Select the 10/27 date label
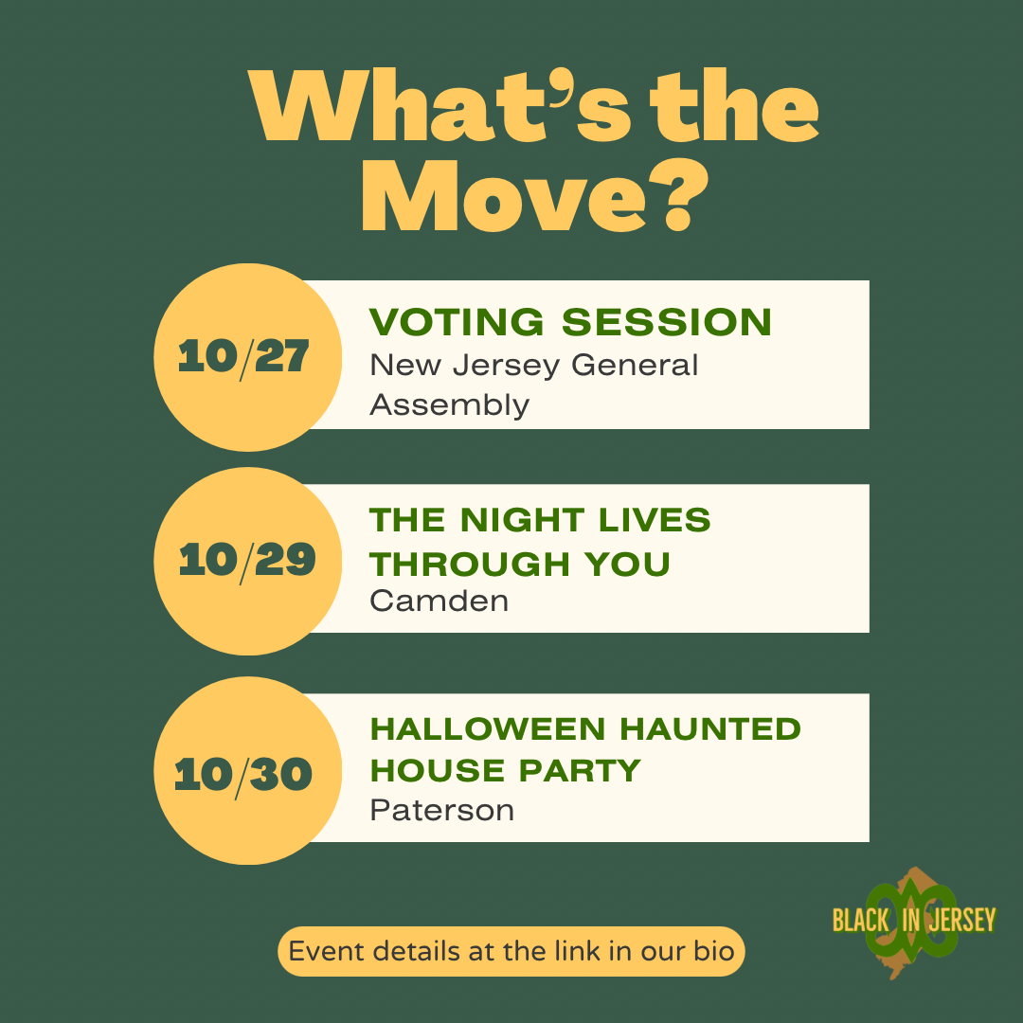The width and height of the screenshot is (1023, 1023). (x=243, y=357)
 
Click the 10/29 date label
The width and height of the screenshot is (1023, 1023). (x=247, y=561)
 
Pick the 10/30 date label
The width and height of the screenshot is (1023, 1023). (x=243, y=775)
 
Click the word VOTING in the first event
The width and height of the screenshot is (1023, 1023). (x=456, y=322)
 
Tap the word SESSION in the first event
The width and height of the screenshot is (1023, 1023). (x=666, y=322)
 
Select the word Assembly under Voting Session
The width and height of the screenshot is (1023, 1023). (x=450, y=405)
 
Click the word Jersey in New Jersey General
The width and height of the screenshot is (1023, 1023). (x=506, y=366)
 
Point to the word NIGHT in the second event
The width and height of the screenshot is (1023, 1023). (x=522, y=520)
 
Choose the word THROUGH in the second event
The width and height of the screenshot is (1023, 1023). (x=470, y=564)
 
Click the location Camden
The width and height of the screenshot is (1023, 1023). (x=440, y=601)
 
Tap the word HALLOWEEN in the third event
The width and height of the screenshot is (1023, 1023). (x=488, y=728)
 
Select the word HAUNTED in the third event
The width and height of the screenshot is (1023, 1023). (x=709, y=728)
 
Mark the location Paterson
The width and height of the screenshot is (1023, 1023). (x=441, y=811)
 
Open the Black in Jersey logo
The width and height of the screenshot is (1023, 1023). (x=914, y=922)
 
